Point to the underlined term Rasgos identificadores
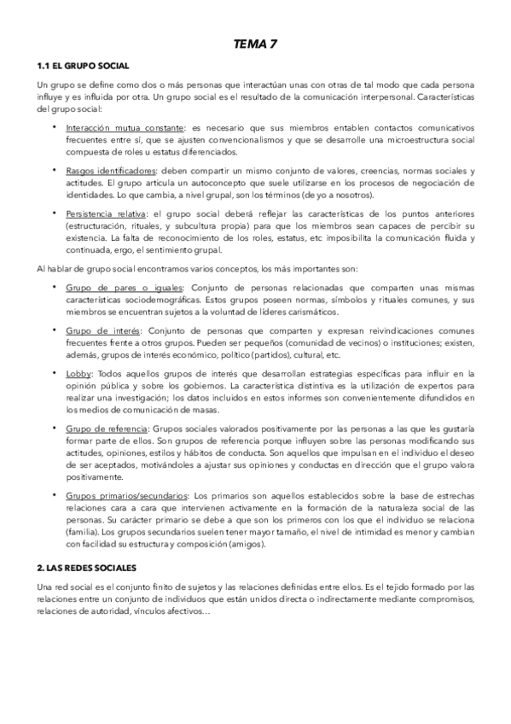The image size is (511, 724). coord(104,171)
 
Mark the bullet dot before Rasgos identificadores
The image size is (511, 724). coord(55,171)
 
